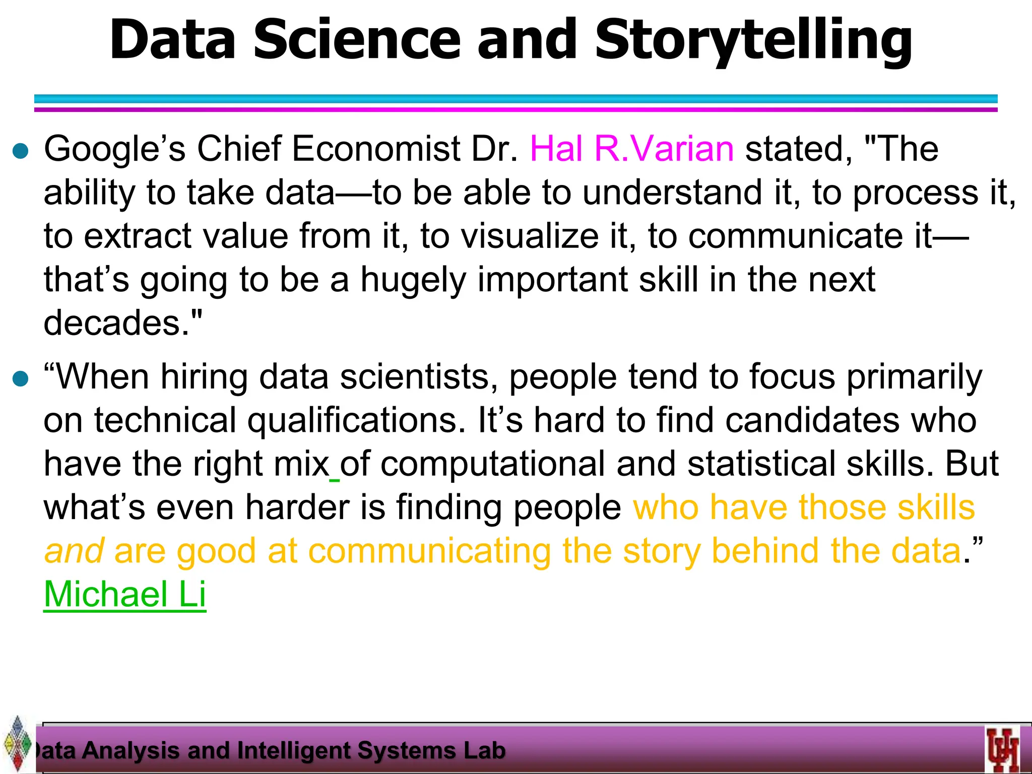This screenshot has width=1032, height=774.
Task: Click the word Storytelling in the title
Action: click(753, 40)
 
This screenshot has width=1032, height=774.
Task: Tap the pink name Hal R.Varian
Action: click(632, 149)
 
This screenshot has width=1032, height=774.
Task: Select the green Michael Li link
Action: click(125, 595)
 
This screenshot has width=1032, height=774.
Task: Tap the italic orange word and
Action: click(74, 551)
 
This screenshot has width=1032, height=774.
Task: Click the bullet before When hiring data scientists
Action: click(21, 379)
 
